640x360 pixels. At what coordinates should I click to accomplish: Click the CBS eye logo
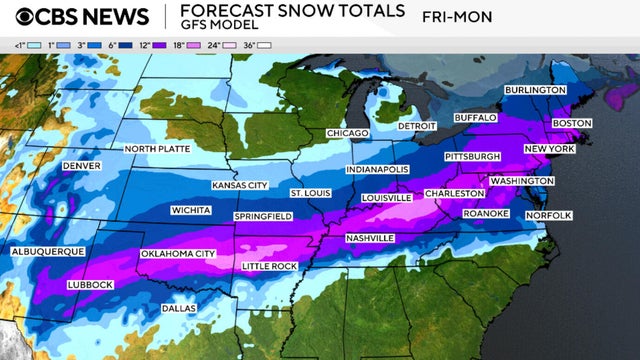(21, 17)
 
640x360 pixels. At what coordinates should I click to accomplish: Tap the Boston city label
(572, 123)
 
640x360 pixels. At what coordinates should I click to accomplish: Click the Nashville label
(369, 237)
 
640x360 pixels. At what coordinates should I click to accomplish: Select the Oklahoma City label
(178, 254)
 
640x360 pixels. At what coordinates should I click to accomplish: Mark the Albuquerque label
(46, 252)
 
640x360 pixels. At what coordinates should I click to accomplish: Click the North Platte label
(157, 149)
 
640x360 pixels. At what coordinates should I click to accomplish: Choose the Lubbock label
(88, 285)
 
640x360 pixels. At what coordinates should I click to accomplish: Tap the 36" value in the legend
(265, 45)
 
